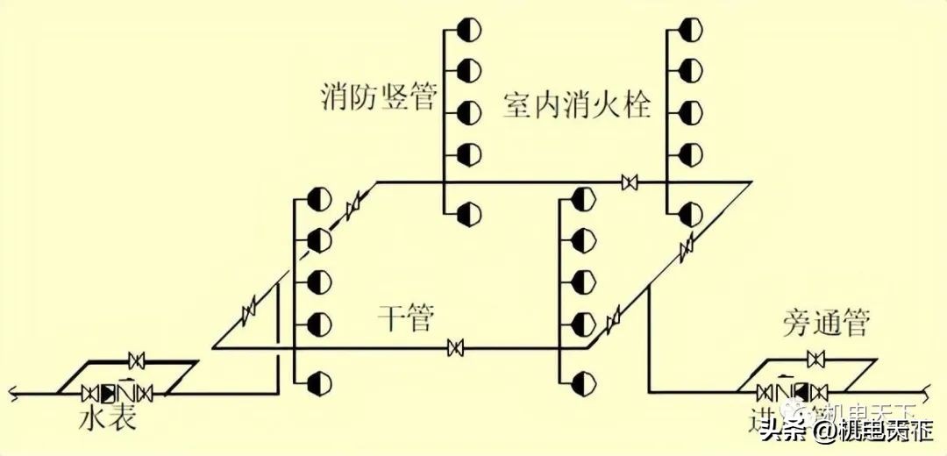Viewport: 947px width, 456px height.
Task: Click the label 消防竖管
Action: (x=378, y=97)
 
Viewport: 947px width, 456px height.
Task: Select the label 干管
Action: (x=405, y=317)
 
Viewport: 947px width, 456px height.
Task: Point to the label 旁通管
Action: (x=825, y=324)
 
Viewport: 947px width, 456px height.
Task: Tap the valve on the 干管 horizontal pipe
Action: (x=455, y=347)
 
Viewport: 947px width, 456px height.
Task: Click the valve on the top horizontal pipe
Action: (x=629, y=182)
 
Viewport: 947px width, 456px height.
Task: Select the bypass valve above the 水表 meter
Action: (x=136, y=360)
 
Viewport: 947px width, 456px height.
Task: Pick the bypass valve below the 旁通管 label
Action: (x=816, y=358)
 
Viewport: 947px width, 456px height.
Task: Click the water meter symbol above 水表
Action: (x=109, y=392)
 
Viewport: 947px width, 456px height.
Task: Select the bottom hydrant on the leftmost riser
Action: (x=319, y=381)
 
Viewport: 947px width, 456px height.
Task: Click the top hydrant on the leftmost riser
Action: (x=319, y=199)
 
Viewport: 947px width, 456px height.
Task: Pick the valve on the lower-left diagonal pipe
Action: (x=249, y=309)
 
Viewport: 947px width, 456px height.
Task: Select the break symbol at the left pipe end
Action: (x=12, y=392)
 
